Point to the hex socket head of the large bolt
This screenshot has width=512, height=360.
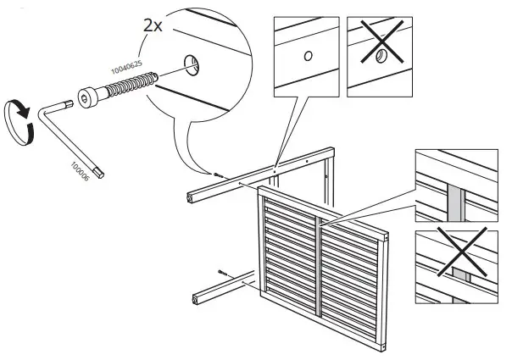coord(88,98)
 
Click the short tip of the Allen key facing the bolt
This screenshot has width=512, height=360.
coord(66,106)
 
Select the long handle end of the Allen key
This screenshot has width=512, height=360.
coord(99,173)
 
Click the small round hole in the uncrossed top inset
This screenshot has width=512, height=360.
coord(308,57)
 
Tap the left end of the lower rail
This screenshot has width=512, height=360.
coord(197,296)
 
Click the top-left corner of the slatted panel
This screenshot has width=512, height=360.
coord(260,192)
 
